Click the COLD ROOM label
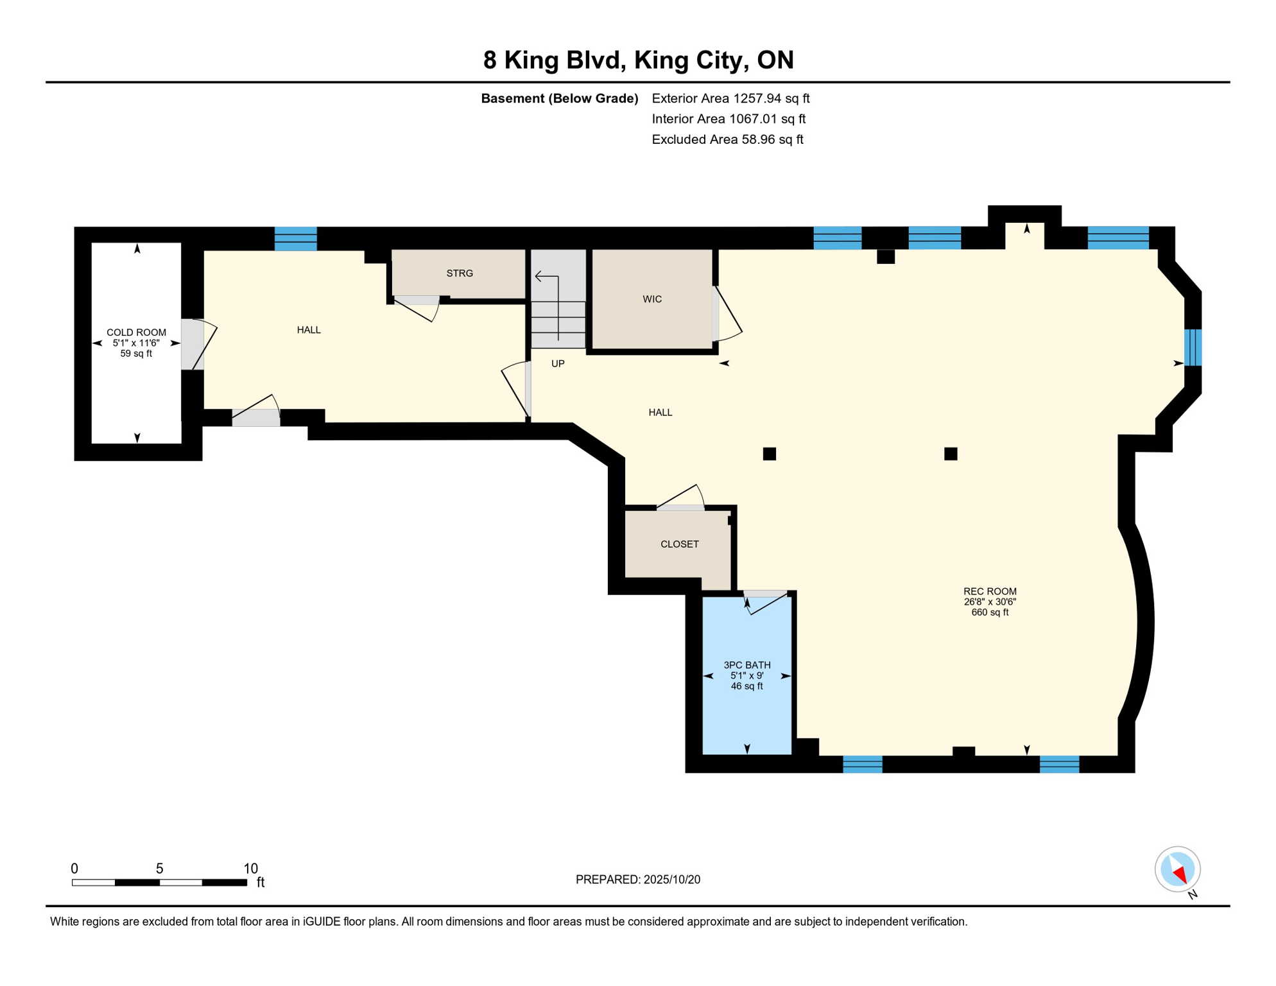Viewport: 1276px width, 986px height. (x=136, y=333)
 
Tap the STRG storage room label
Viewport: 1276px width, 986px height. (x=460, y=273)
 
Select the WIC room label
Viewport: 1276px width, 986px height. (x=652, y=299)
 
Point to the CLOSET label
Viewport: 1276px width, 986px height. (x=680, y=544)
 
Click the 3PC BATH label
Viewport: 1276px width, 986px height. (x=747, y=665)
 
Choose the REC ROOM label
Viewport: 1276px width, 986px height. (x=990, y=591)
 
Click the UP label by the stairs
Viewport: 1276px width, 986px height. (x=558, y=364)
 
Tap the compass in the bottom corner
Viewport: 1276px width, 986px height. (x=1177, y=870)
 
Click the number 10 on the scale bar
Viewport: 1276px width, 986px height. (x=250, y=869)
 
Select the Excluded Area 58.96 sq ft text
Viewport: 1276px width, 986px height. (x=727, y=139)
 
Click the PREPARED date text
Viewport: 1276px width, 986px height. (x=638, y=879)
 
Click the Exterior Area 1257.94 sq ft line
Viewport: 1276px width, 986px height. (x=730, y=98)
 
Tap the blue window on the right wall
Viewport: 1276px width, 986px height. (x=1193, y=347)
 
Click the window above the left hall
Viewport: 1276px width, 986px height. (x=296, y=238)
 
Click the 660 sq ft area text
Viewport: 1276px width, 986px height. (x=990, y=612)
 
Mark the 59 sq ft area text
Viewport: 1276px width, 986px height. (x=136, y=354)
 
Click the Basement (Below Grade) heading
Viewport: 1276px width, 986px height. (x=560, y=98)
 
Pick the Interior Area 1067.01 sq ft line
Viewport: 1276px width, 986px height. (x=729, y=119)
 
